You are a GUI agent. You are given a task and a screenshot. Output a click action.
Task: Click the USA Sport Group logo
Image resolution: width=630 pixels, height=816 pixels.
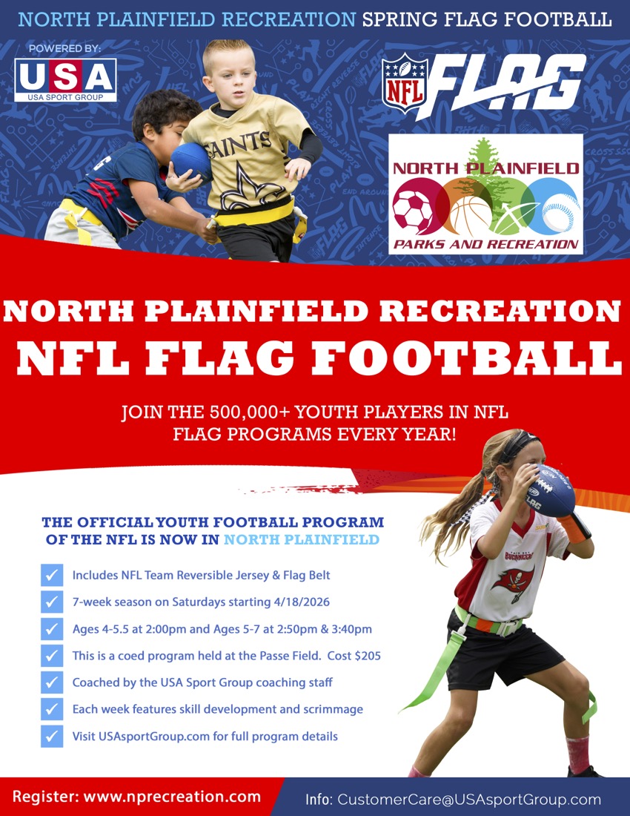[65, 80]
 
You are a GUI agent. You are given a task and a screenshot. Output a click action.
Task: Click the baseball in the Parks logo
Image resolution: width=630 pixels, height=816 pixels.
[560, 211]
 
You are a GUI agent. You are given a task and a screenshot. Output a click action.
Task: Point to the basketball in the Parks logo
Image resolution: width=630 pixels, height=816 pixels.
[471, 217]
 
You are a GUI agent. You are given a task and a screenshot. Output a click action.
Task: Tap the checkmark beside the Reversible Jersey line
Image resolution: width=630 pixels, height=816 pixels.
[52, 576]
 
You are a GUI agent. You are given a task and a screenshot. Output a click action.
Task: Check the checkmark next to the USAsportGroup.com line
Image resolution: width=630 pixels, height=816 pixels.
[52, 736]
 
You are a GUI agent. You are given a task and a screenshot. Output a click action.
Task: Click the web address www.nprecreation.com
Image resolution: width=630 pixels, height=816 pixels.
[172, 797]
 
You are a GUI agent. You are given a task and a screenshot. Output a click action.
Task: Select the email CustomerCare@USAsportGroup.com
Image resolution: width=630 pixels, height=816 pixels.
[468, 800]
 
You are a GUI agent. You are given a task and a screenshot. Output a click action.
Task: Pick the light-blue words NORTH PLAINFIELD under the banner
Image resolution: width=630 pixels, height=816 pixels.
[301, 539]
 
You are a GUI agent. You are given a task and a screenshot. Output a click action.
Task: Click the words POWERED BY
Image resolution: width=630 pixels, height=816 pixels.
[64, 49]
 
